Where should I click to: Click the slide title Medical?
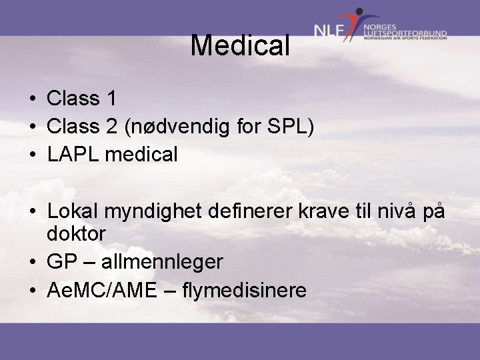coord(240,45)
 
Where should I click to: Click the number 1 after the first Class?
coord(111,99)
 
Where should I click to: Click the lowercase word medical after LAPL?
coord(145,155)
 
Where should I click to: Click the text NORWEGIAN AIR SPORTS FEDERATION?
coord(405,39)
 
